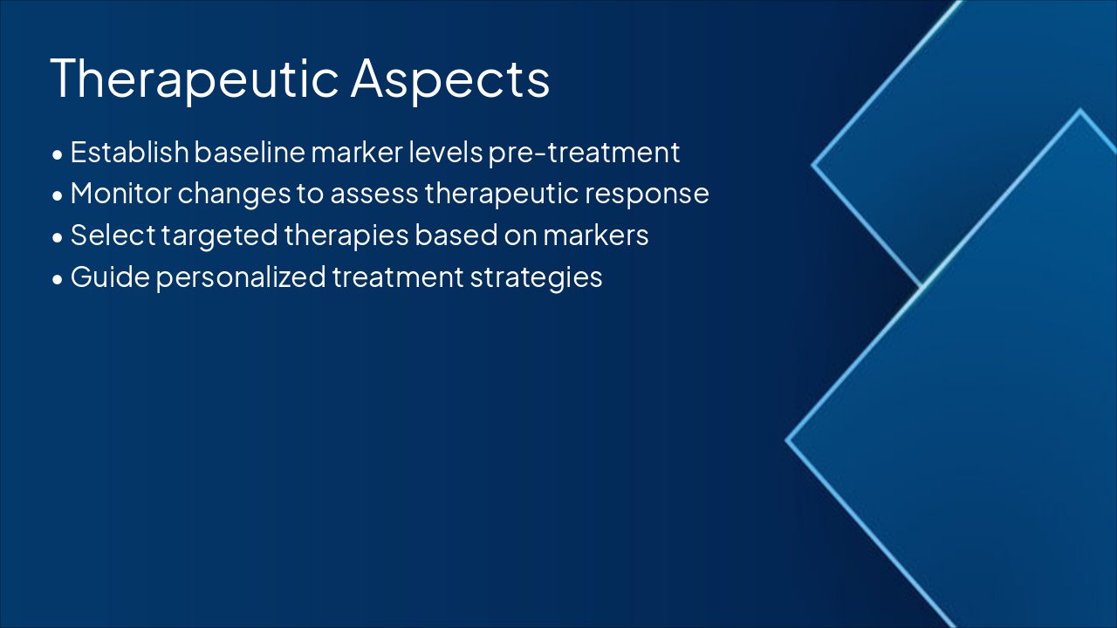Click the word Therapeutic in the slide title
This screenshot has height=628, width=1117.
pos(195,78)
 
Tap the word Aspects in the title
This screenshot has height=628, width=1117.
pos(449,78)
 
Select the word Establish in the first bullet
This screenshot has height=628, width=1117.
pos(129,152)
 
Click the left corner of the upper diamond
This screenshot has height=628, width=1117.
pos(813,164)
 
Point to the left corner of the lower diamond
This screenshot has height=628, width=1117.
pos(787,440)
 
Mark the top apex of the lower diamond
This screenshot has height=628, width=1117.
pos(1080,110)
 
